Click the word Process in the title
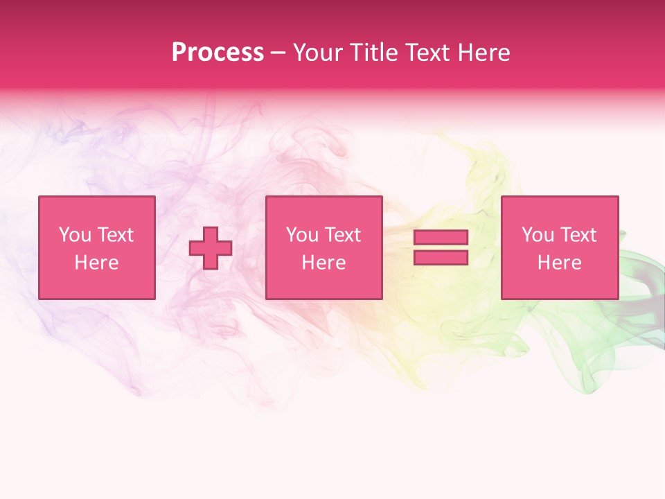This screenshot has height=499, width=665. pyautogui.click(x=218, y=53)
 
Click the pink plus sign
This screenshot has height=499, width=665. pyautogui.click(x=211, y=248)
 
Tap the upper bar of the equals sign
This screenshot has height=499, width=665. pyautogui.click(x=441, y=237)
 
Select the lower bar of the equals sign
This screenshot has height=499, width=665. pyautogui.click(x=441, y=258)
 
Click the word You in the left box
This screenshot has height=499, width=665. pyautogui.click(x=75, y=235)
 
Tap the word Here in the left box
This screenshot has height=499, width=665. pyautogui.click(x=96, y=263)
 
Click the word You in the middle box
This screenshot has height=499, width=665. pyautogui.click(x=302, y=235)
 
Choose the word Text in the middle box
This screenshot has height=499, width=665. pyautogui.click(x=342, y=235)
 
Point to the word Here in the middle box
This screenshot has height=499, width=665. pyautogui.click(x=323, y=263)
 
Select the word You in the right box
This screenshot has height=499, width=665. pyautogui.click(x=538, y=235)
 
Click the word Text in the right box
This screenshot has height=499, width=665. pyautogui.click(x=578, y=235)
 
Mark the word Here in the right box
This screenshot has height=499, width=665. pyautogui.click(x=559, y=263)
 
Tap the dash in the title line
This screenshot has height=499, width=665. pyautogui.click(x=278, y=53)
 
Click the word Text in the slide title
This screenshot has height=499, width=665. pyautogui.click(x=423, y=53)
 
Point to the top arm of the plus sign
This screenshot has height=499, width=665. pyautogui.click(x=211, y=234)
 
